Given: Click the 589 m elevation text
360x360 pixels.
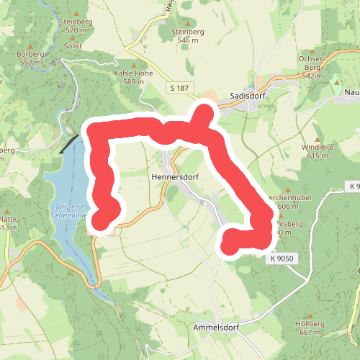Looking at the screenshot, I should [x=134, y=82].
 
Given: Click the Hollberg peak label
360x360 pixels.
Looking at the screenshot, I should [x=310, y=323].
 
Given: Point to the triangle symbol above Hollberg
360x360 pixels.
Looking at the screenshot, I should [x=310, y=315].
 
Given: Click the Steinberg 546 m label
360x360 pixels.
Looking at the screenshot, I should [x=187, y=31].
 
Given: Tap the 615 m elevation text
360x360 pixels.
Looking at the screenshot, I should [x=317, y=156].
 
